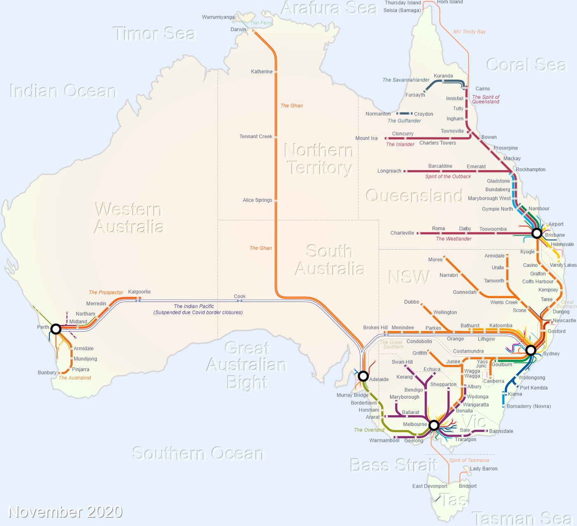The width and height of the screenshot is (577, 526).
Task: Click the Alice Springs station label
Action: click(x=257, y=200)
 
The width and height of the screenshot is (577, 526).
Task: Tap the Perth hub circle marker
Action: click(x=56, y=329)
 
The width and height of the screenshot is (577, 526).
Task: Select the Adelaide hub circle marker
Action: click(x=363, y=376)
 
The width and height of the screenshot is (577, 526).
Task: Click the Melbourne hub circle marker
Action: click(x=434, y=425)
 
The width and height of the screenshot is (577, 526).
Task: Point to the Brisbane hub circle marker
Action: click(x=537, y=233)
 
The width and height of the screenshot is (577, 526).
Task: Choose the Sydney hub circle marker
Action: click(x=531, y=350)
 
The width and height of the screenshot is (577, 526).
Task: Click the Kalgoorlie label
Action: click(x=139, y=292)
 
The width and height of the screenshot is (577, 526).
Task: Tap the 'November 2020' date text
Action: click(x=66, y=512)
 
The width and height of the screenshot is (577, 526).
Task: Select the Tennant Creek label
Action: click(x=256, y=136)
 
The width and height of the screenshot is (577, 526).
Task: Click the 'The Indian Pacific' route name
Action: click(x=194, y=306)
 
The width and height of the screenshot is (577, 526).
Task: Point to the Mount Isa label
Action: click(x=366, y=138)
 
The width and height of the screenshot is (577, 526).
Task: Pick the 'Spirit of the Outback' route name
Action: click(x=448, y=177)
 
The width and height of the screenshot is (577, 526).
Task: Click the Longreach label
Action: click(x=389, y=171)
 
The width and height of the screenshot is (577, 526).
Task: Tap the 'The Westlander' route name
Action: click(x=454, y=239)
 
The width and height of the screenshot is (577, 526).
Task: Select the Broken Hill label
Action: click(x=375, y=327)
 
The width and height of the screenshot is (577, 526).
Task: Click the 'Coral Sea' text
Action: click(x=526, y=65)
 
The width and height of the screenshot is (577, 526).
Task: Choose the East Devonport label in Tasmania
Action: click(x=430, y=486)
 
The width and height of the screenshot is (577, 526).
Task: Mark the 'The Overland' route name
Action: click(x=369, y=430)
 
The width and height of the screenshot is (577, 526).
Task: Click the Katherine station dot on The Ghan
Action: click(x=276, y=72)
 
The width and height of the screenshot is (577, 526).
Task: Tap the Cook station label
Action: click(x=240, y=296)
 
